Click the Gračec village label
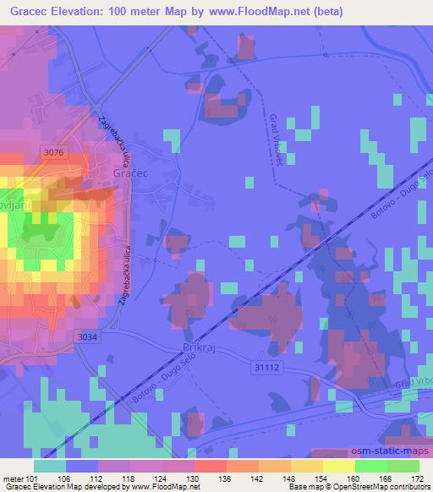pyautogui.click(x=129, y=172)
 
